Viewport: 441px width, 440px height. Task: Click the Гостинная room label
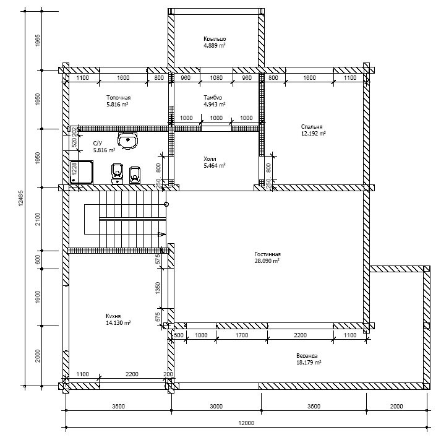pyautogui.click(x=267, y=254)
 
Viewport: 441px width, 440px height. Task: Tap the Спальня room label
pyautogui.click(x=312, y=127)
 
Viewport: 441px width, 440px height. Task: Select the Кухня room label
pyautogui.click(x=113, y=316)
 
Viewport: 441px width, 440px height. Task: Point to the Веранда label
pyautogui.click(x=307, y=356)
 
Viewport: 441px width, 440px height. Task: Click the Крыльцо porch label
pyautogui.click(x=215, y=39)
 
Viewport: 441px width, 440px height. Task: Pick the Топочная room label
pyautogui.click(x=118, y=98)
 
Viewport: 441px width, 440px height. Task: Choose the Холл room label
pyautogui.click(x=210, y=159)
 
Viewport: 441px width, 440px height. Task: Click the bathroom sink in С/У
pyautogui.click(x=128, y=140)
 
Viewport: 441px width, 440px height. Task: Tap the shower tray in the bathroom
pyautogui.click(x=82, y=172)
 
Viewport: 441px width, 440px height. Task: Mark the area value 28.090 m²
pyautogui.click(x=267, y=261)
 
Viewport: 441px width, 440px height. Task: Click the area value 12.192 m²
pyautogui.click(x=314, y=133)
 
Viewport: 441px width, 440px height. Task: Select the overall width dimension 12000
pyautogui.click(x=246, y=423)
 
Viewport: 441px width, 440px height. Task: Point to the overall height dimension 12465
pyautogui.click(x=21, y=198)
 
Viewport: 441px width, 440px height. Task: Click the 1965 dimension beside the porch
pyautogui.click(x=38, y=40)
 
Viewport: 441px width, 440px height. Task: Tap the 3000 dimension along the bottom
pyautogui.click(x=216, y=406)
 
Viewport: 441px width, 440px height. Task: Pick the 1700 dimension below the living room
pyautogui.click(x=242, y=335)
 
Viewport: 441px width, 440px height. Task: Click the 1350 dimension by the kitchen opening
pyautogui.click(x=158, y=288)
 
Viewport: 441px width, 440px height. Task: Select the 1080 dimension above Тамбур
pyautogui.click(x=216, y=77)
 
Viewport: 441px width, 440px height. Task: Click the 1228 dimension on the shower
pyautogui.click(x=74, y=169)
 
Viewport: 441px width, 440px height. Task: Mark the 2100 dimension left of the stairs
pyautogui.click(x=38, y=219)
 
